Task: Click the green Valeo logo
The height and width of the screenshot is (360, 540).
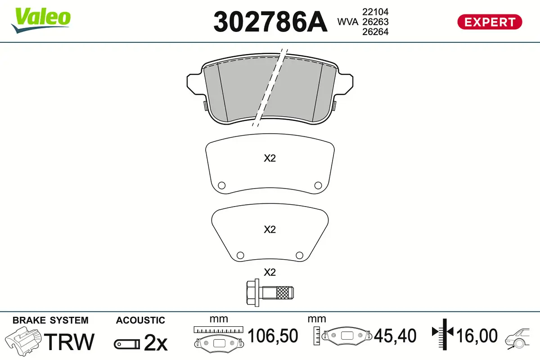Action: click(41, 20)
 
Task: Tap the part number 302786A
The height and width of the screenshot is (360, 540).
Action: click(270, 22)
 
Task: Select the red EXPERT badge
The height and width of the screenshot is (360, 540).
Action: click(490, 22)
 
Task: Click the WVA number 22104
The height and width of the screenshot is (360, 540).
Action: click(375, 12)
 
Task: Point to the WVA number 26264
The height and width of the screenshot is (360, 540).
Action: click(375, 32)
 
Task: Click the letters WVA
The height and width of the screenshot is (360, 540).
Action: click(347, 22)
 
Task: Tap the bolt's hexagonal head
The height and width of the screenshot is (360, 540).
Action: click(252, 293)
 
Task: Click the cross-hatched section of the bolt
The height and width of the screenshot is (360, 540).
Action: click(282, 293)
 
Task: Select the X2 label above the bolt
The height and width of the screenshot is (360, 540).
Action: click(270, 272)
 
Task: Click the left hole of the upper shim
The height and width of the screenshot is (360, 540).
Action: click(221, 185)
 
